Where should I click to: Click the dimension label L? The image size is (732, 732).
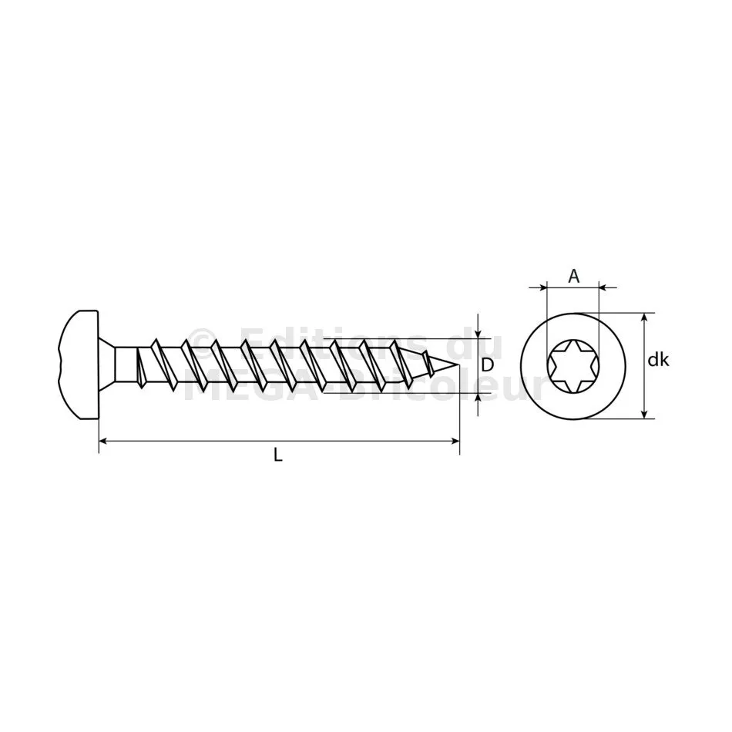277,455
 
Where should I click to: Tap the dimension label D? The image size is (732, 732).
487,364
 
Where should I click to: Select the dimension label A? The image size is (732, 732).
573,277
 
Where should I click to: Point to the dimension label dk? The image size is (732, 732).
658,360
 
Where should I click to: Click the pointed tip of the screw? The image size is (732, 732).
459,365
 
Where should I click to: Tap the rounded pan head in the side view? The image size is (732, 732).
79,364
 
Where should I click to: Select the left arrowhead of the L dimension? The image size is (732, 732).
104,440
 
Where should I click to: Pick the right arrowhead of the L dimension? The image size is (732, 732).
455,440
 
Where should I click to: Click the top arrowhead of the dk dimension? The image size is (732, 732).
644,317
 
